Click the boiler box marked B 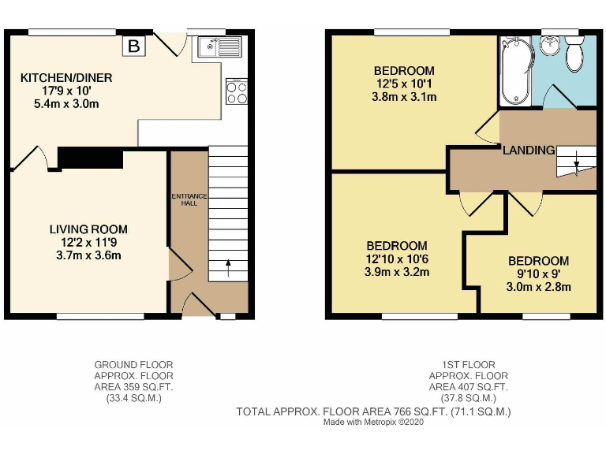tap(134, 47)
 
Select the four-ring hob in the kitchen tap(236, 93)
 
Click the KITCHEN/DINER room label tap(66, 78)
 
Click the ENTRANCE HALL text tap(189, 198)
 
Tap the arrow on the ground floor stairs tap(229, 268)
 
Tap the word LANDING tap(529, 150)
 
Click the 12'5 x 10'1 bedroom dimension tap(404, 84)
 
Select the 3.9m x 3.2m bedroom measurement tap(396, 273)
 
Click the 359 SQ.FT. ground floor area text tap(133, 387)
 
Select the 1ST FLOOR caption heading tap(469, 365)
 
